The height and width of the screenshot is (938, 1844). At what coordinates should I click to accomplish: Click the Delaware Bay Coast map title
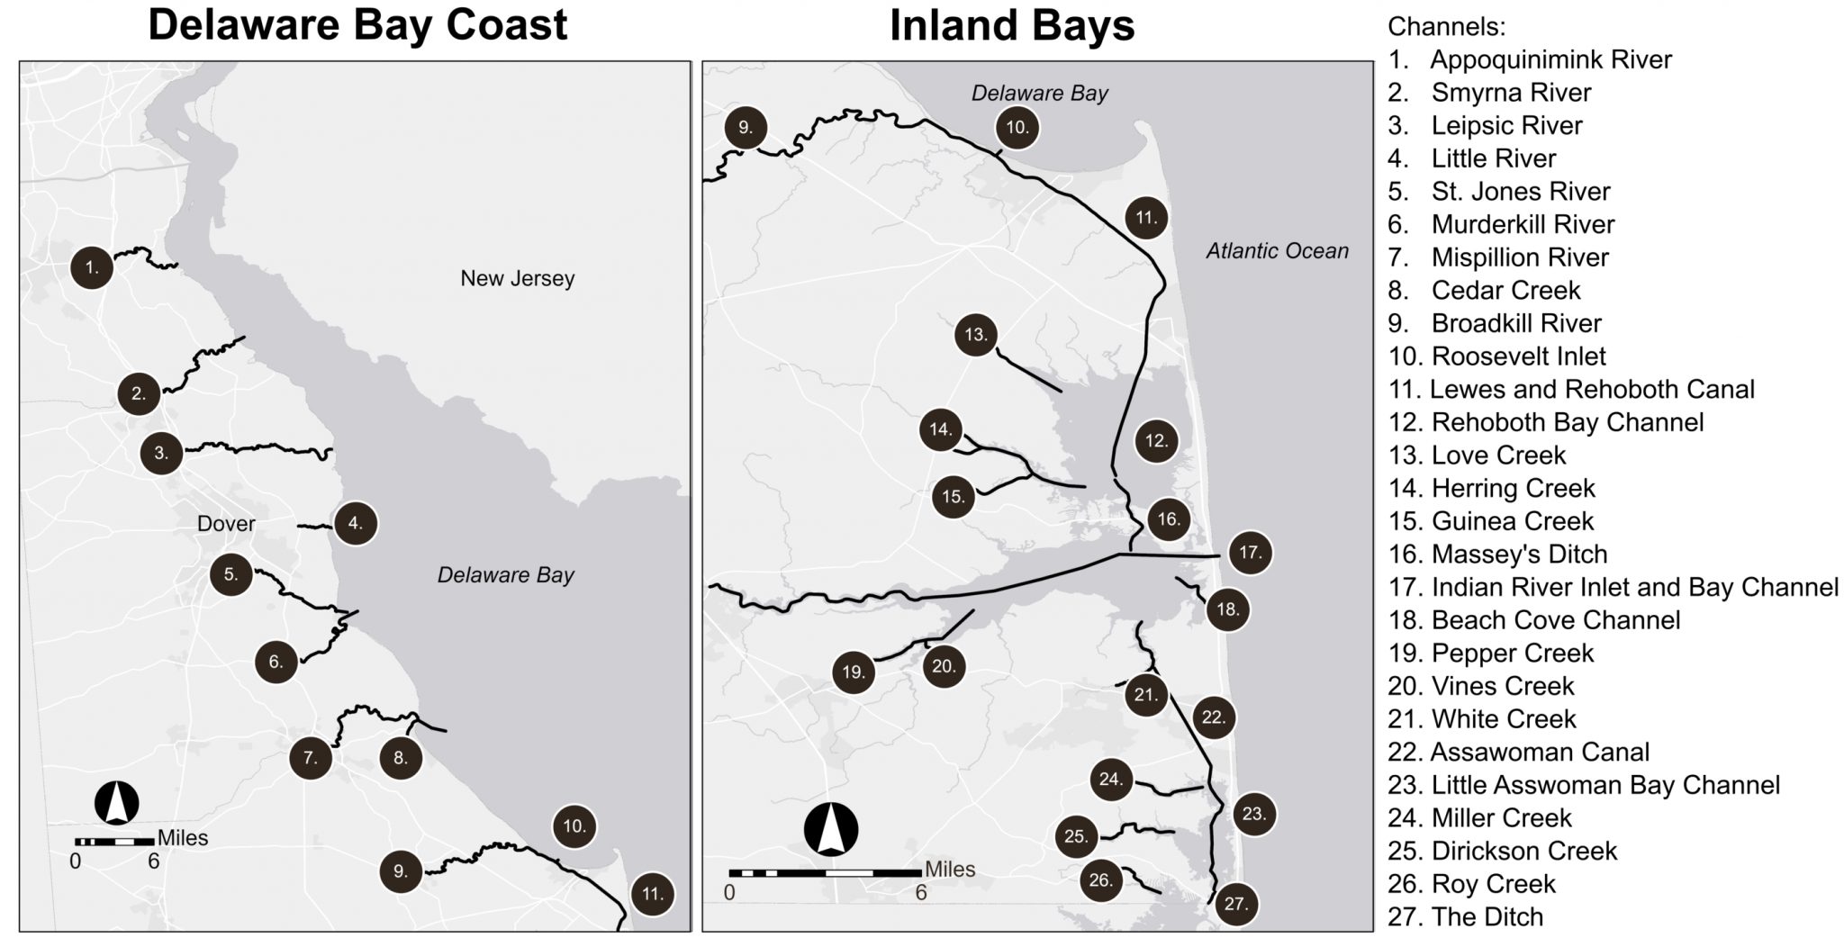coord(357,25)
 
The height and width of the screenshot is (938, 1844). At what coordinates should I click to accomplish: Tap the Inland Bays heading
coord(1011,25)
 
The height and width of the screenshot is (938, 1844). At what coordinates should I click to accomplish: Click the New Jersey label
coord(517,278)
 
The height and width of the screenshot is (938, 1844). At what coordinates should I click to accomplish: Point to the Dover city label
coord(226,523)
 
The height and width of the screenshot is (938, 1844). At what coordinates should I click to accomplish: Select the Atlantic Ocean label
coord(1277,251)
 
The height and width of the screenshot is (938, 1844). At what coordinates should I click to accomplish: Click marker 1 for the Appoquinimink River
coord(91,266)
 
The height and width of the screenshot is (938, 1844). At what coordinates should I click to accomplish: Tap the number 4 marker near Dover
coord(356,523)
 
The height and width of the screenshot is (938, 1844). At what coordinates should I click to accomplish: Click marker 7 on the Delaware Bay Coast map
coord(311,758)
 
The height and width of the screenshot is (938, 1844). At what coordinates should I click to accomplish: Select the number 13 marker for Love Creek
coord(976,336)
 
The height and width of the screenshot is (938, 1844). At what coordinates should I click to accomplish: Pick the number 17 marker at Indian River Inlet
coord(1251,552)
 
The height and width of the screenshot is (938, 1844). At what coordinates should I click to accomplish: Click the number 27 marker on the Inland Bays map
coord(1236,904)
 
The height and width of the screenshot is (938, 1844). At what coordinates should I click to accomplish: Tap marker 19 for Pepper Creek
coord(854,672)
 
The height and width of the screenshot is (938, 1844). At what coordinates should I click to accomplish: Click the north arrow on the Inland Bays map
coord(831,829)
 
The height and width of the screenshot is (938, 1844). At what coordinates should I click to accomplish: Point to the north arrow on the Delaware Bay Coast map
coord(117,802)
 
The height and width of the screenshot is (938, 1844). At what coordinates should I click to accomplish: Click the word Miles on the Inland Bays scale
coord(950,869)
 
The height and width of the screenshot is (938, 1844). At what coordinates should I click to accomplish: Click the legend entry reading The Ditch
coord(1487,916)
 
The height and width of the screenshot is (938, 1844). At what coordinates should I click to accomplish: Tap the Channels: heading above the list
coord(1446,26)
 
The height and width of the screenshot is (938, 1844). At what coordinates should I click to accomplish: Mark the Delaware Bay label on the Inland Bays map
coord(1039,93)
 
